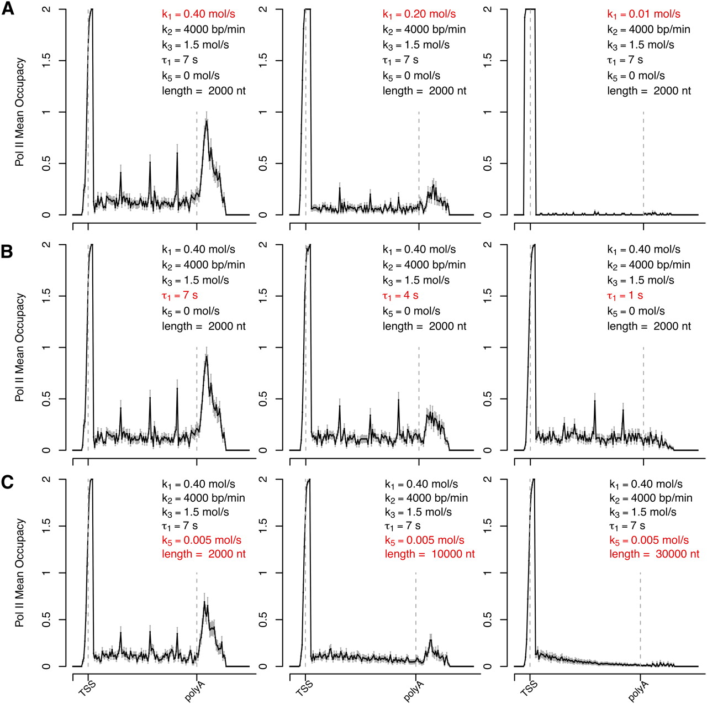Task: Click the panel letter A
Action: (8, 9)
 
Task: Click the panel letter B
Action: (7, 251)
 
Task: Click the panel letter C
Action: (7, 482)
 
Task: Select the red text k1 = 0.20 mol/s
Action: (419, 14)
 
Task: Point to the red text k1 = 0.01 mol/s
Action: (643, 14)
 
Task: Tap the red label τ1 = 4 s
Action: (400, 296)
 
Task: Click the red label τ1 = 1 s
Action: (625, 296)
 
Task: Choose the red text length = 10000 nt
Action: (429, 554)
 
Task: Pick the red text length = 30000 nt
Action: (654, 554)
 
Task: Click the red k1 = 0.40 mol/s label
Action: (198, 14)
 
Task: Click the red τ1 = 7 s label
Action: (180, 296)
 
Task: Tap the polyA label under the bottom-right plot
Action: (638, 691)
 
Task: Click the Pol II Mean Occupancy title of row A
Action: (20, 112)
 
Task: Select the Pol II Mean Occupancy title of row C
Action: (20, 572)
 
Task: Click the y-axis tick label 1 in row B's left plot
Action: (46, 348)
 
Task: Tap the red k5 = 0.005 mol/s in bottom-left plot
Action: (201, 540)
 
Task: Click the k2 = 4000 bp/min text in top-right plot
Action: (648, 30)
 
